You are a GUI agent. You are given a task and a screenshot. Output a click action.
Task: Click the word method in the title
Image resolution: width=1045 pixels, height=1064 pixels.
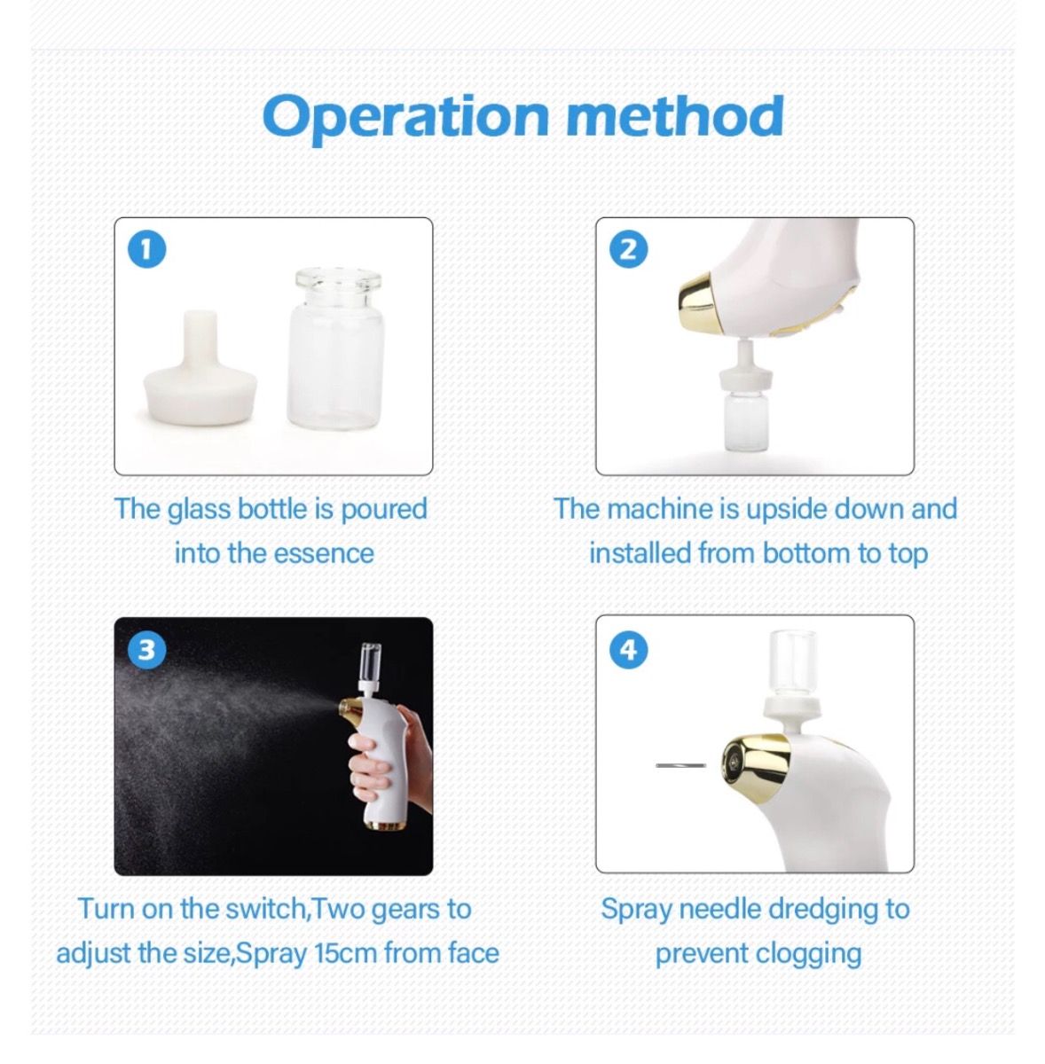click(x=674, y=115)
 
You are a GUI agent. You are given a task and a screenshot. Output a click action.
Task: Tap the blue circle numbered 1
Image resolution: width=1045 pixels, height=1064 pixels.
click(x=147, y=249)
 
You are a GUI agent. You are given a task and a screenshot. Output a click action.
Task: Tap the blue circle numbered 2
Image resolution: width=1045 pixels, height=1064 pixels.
click(x=628, y=249)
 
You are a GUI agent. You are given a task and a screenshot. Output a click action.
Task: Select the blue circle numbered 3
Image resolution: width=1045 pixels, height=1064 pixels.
click(x=147, y=650)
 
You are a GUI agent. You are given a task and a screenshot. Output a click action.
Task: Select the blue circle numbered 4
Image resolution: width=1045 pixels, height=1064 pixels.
click(x=628, y=650)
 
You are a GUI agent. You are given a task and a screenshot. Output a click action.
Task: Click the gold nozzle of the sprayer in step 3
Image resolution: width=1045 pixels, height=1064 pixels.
click(x=351, y=709)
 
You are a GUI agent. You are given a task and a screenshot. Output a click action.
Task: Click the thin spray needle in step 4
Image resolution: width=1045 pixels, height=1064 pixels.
click(x=680, y=764)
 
